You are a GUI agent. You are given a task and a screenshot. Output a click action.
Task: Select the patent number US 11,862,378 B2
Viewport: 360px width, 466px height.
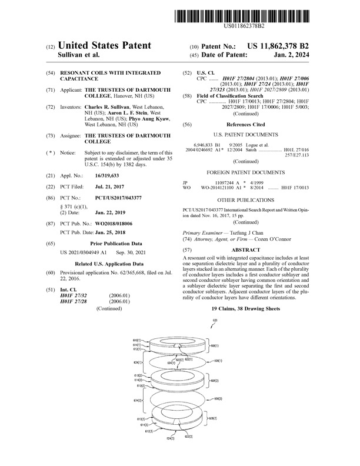[x=276, y=45]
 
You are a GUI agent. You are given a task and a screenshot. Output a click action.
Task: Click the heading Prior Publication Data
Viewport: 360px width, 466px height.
[x=112, y=242]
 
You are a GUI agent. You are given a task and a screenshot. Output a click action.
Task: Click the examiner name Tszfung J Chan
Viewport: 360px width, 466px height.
[x=244, y=234]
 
